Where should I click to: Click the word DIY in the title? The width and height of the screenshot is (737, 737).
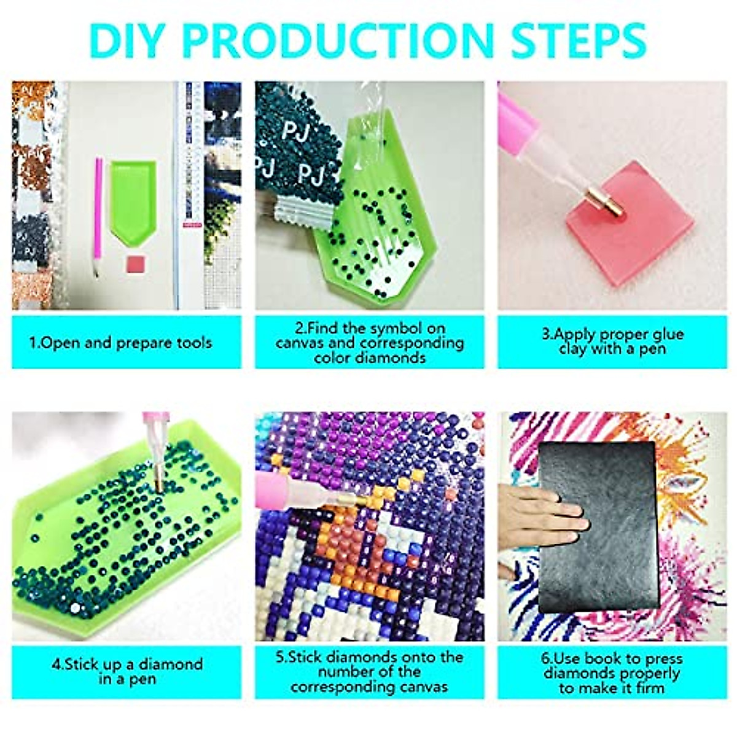(x=129, y=40)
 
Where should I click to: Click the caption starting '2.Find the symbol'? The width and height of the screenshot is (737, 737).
(x=369, y=343)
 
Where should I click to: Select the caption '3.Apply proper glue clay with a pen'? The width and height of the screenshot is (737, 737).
(x=612, y=341)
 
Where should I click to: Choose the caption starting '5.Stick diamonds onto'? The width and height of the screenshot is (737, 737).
(x=369, y=671)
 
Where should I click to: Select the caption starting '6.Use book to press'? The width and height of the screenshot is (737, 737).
(x=612, y=673)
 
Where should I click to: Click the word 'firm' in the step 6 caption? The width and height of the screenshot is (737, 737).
(x=648, y=687)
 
